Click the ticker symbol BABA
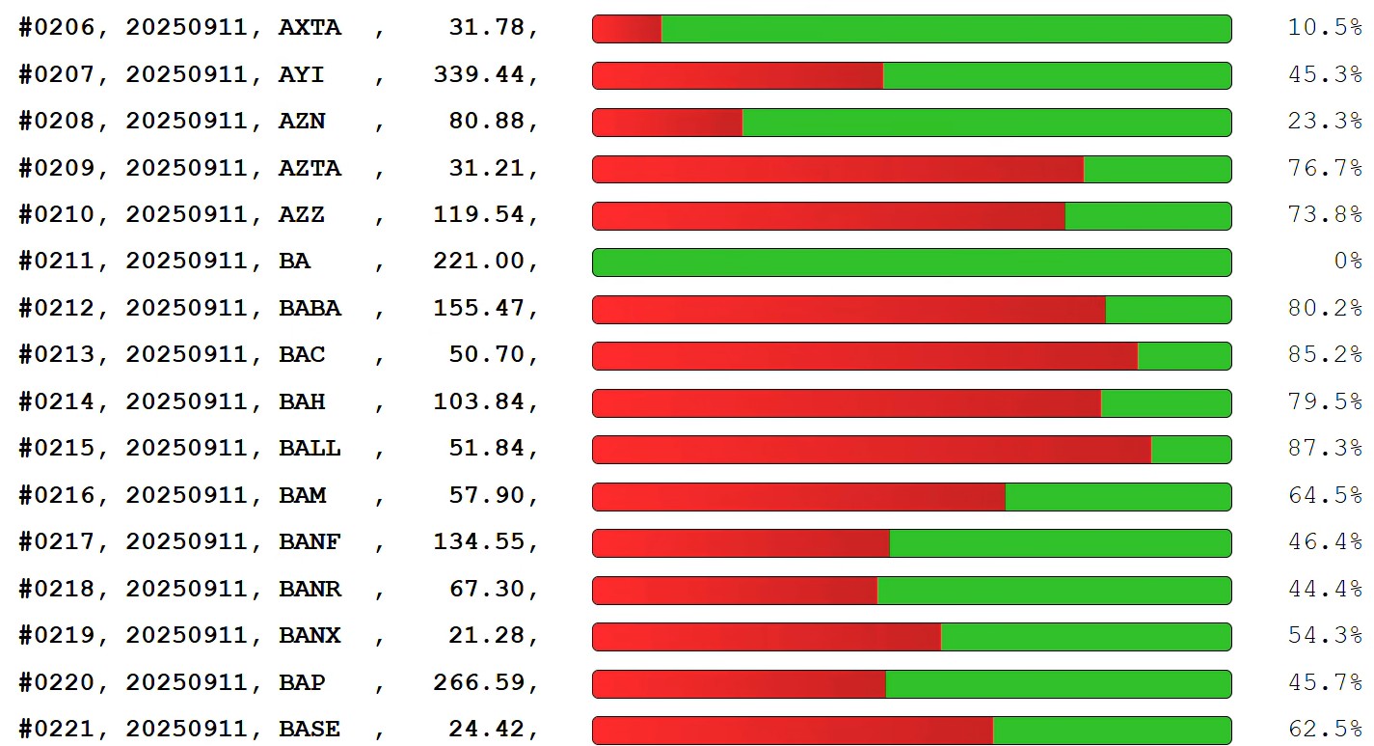pyautogui.click(x=310, y=309)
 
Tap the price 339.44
pyautogui.click(x=478, y=74)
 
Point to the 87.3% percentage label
pyautogui.click(x=1324, y=449)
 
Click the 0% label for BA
pyautogui.click(x=1347, y=262)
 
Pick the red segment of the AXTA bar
pyautogui.click(x=627, y=29)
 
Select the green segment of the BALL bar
pyautogui.click(x=1191, y=450)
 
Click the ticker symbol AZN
pyautogui.click(x=302, y=122)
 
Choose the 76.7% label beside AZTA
pyautogui.click(x=1324, y=168)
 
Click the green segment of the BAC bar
pyautogui.click(x=1184, y=356)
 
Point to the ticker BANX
pyautogui.click(x=310, y=636)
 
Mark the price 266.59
pyautogui.click(x=478, y=683)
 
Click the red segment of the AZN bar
pyautogui.click(x=667, y=123)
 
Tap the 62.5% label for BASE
pyautogui.click(x=1324, y=730)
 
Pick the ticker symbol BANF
pyautogui.click(x=310, y=542)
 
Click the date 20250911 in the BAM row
pyautogui.click(x=187, y=496)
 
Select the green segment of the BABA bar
pyautogui.click(x=1168, y=310)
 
